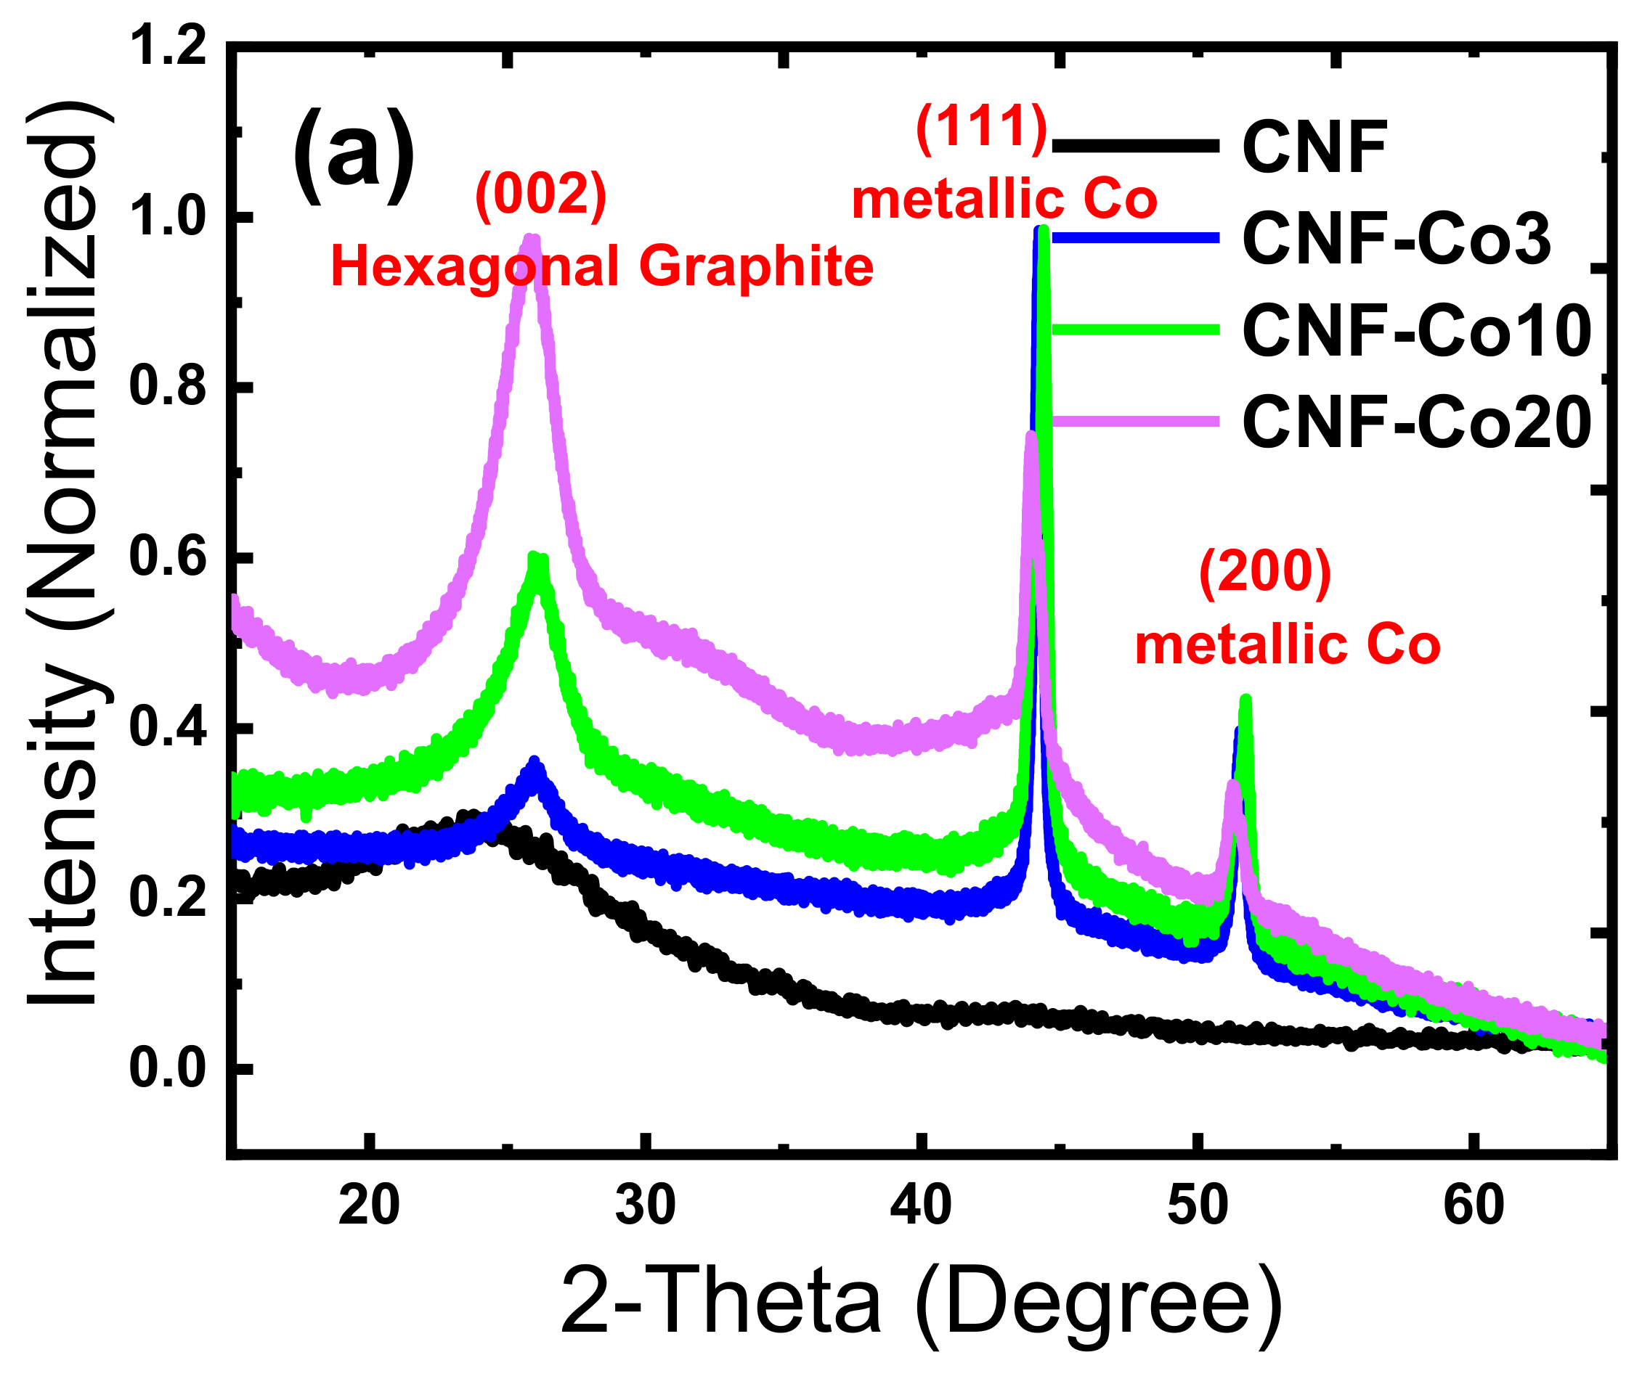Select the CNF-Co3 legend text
1397,239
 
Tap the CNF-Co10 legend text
1417,331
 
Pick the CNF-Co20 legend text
1417,422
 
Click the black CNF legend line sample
1135,145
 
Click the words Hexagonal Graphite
602,266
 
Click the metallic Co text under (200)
1288,646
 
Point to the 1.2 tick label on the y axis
167,46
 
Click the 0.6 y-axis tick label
167,557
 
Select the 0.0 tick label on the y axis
167,1068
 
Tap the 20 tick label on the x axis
369,1205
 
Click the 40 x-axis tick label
921,1205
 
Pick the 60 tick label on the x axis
1474,1205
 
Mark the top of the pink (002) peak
532,239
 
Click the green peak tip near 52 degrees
1245,699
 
